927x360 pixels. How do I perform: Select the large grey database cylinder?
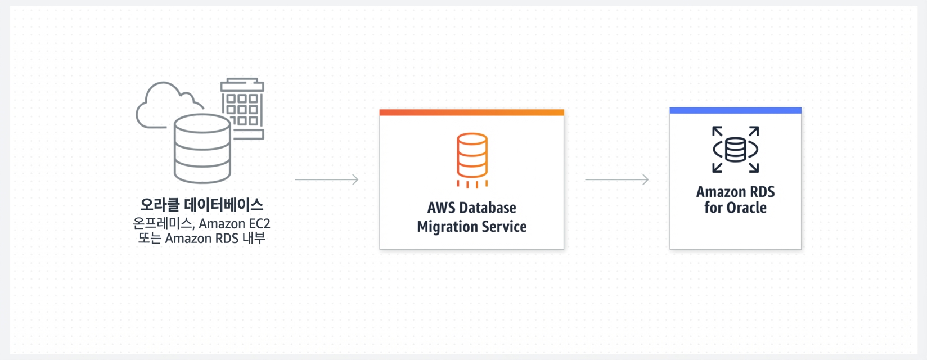(x=202, y=148)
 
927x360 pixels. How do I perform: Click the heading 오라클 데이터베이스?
(x=201, y=205)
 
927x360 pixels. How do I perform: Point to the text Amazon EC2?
(x=234, y=224)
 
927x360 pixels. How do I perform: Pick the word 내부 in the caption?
(x=254, y=238)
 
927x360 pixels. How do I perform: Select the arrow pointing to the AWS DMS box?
(x=326, y=179)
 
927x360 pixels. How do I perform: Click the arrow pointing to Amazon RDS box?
(x=616, y=179)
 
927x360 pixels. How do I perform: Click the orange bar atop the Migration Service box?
(x=472, y=112)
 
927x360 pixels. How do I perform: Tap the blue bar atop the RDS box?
(x=735, y=110)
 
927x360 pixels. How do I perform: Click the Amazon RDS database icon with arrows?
(x=735, y=150)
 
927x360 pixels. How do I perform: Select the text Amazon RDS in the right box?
(x=735, y=192)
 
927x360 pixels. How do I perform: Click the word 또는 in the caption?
(x=150, y=238)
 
